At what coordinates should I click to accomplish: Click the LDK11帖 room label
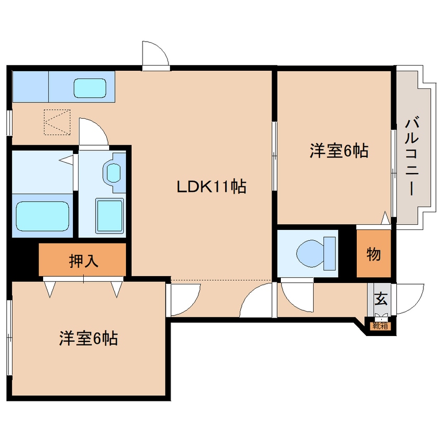tap(211, 187)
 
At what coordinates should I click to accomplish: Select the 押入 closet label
tap(84, 260)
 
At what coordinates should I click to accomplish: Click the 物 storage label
tap(373, 255)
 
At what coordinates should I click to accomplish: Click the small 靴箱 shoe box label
tap(380, 326)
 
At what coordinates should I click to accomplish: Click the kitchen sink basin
tap(89, 87)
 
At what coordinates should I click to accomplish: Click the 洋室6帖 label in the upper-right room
tap(339, 151)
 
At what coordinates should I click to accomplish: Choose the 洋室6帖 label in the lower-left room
tap(88, 339)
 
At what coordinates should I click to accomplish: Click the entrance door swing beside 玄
tap(409, 300)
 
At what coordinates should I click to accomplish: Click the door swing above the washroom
tap(93, 132)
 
